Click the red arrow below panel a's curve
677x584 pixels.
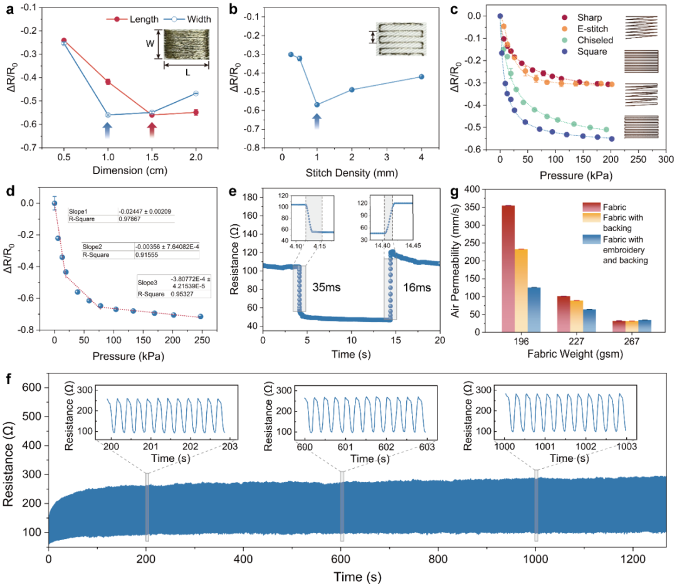click(152, 130)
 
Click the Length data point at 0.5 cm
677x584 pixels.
click(63, 41)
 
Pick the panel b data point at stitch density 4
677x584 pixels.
click(421, 76)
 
